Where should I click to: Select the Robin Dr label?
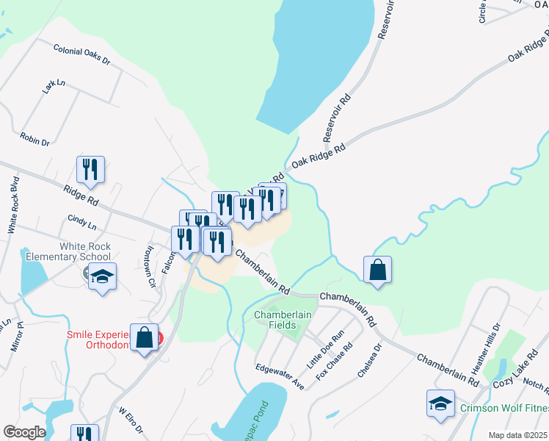click(x=34, y=137)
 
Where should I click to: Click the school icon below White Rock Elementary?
click(x=102, y=277)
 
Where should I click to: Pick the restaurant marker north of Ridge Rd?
click(x=90, y=169)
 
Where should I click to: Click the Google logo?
click(x=24, y=432)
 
